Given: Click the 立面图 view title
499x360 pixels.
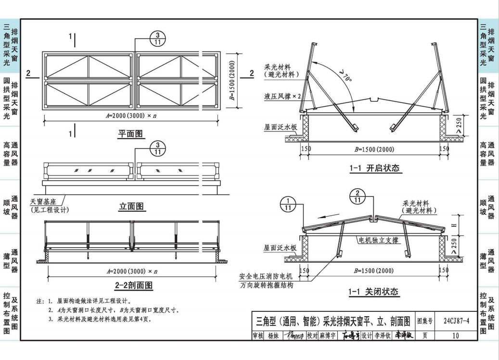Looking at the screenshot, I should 132,206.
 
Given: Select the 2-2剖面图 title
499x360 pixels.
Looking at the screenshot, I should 133,285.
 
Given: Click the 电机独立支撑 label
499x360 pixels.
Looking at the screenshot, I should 378,239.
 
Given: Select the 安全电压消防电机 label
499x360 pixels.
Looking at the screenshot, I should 266,276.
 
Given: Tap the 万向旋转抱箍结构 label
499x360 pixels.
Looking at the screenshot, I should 266,285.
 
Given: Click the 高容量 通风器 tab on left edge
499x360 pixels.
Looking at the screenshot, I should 10,153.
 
